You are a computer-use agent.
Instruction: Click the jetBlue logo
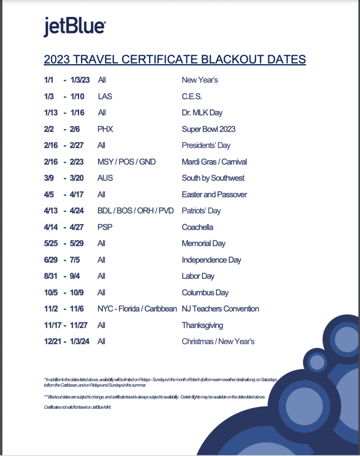point(74,27)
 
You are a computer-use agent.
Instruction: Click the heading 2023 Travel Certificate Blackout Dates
point(175,59)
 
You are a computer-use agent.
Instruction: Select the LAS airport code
point(105,97)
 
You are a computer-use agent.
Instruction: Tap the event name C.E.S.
point(192,97)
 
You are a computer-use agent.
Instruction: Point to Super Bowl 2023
point(209,129)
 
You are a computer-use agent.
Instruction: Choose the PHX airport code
point(105,129)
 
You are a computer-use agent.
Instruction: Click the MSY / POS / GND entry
point(127,162)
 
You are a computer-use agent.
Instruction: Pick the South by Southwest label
point(213,178)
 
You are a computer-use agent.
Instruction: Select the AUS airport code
point(105,178)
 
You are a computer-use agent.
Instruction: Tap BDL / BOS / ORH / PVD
point(135,211)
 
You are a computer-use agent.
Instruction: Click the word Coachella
point(197,227)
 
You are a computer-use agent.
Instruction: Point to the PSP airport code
point(105,227)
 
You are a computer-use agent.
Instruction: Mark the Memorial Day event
point(204,244)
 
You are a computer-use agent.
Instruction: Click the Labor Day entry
point(198,276)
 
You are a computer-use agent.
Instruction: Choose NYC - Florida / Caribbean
point(137,309)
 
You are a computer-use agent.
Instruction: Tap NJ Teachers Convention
point(220,309)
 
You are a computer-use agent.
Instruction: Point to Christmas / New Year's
point(218,342)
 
